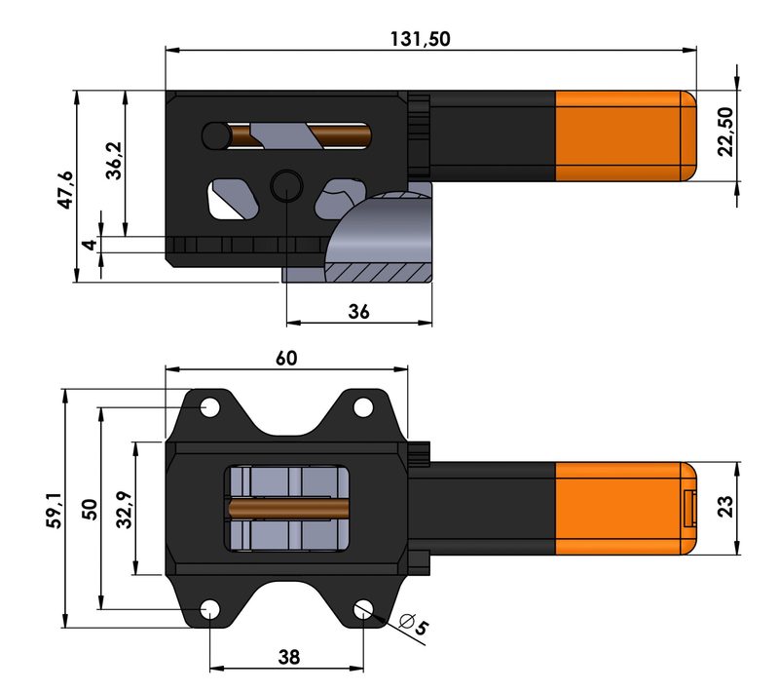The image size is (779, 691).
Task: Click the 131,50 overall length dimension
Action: (x=421, y=39)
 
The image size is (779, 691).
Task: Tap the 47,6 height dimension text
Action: (x=64, y=189)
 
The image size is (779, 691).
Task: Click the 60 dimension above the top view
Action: (x=285, y=358)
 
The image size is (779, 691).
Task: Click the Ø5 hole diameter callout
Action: (x=413, y=625)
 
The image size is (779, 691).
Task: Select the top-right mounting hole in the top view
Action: (x=362, y=406)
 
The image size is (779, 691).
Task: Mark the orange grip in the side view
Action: (x=623, y=136)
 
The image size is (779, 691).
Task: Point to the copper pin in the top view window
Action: (x=288, y=507)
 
